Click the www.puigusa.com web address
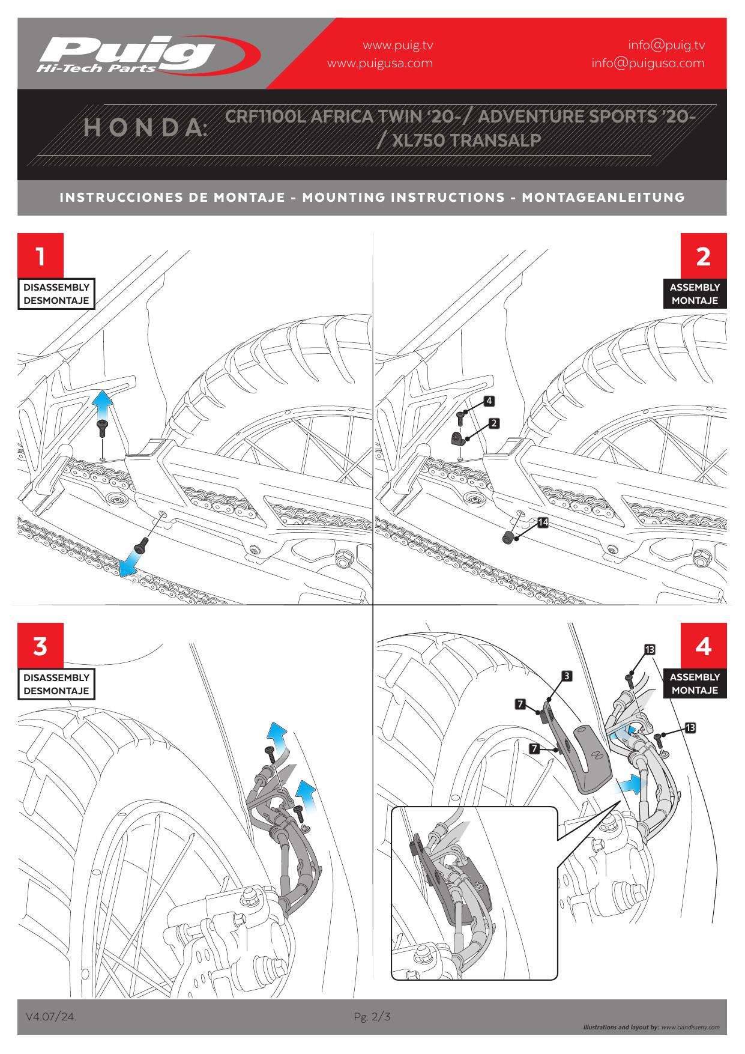click(x=379, y=63)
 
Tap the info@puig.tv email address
click(x=666, y=45)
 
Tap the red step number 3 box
click(x=40, y=646)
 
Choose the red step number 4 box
click(x=703, y=646)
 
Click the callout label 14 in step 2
click(x=543, y=522)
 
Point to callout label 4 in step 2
click(x=489, y=400)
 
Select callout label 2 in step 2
click(x=493, y=423)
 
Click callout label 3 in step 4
click(x=566, y=676)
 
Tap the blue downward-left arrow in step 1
click(x=128, y=565)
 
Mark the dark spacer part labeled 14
click(x=508, y=536)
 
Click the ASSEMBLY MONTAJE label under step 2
click(x=695, y=294)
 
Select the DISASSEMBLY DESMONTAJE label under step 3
click(x=56, y=683)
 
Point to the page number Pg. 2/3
click(x=372, y=1017)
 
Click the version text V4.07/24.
click(x=50, y=1017)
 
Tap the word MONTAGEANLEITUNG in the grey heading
click(x=603, y=197)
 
